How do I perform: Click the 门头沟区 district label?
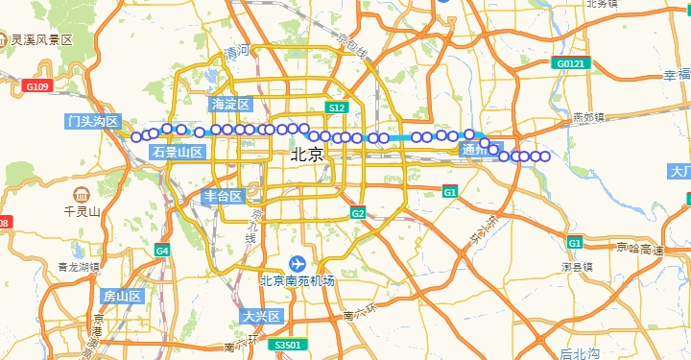[93, 122]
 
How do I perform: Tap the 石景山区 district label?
[178, 152]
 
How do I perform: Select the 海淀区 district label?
[230, 104]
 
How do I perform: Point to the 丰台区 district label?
[223, 196]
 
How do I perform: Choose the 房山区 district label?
[122, 296]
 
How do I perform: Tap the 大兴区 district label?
[261, 316]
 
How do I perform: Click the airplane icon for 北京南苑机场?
[298, 263]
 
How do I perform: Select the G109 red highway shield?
[36, 86]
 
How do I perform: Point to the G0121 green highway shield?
[569, 63]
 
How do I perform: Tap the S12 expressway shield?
[335, 108]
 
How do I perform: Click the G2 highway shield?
[358, 212]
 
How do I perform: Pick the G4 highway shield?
[162, 251]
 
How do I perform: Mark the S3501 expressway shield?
[287, 345]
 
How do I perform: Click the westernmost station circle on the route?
[136, 135]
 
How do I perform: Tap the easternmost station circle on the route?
[545, 156]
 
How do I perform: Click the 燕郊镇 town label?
[587, 117]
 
